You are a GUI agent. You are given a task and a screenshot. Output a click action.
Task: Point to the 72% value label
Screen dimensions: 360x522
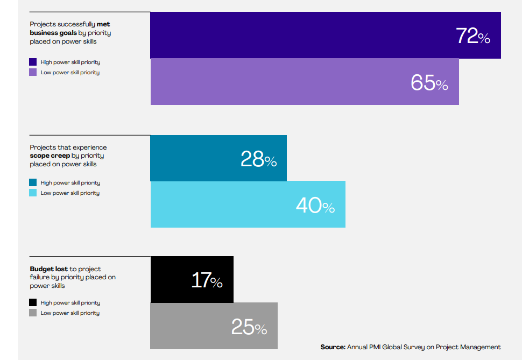472,36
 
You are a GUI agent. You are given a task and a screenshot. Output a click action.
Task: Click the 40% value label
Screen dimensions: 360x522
315,206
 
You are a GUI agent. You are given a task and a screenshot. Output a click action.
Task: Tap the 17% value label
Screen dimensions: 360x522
207,280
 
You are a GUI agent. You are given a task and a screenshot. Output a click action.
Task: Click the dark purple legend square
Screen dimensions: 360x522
33,62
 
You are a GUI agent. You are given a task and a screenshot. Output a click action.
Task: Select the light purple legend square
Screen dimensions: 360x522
33,73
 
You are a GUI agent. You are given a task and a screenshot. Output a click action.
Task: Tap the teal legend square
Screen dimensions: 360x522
33,183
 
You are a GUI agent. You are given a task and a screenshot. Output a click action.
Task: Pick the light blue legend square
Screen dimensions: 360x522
33,193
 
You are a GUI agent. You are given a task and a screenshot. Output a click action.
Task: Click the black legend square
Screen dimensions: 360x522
33,303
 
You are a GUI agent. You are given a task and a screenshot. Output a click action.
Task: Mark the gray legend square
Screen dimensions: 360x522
33,313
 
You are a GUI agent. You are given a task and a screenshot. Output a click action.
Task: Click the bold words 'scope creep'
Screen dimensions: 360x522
50,156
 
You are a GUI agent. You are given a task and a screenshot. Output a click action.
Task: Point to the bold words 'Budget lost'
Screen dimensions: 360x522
49,269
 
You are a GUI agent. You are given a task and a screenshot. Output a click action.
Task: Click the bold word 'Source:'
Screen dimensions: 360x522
333,347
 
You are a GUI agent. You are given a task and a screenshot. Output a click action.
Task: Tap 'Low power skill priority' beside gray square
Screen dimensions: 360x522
70,313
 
